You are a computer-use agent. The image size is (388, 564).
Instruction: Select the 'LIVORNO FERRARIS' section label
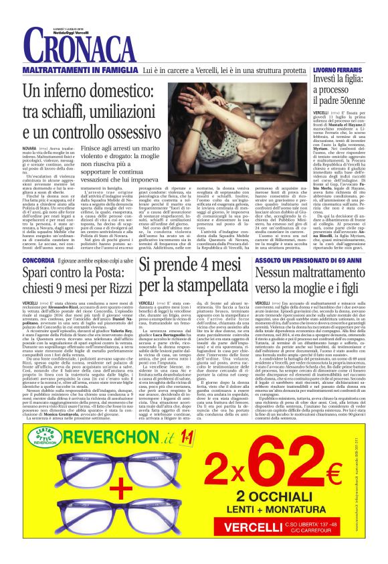(x=335, y=70)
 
